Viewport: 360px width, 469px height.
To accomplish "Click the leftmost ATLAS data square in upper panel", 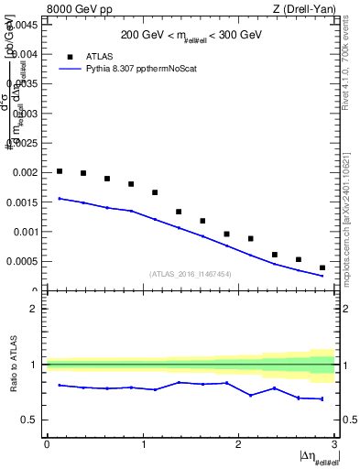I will pyautogui.click(x=60, y=171).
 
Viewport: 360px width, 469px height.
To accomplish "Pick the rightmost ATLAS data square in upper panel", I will pyautogui.click(x=322, y=267).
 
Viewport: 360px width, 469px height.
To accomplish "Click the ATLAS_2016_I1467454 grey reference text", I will pyautogui.click(x=191, y=274).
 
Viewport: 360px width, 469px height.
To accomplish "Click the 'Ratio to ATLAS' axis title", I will pyautogui.click(x=13, y=365).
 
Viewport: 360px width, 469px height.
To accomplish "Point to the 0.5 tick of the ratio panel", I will pyautogui.click(x=28, y=420).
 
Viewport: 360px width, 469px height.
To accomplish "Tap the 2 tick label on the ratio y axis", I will pyautogui.click(x=33, y=309).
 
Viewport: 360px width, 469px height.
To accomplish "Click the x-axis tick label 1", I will pyautogui.click(x=142, y=444).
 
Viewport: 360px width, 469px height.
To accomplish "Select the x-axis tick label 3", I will pyautogui.click(x=333, y=444).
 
